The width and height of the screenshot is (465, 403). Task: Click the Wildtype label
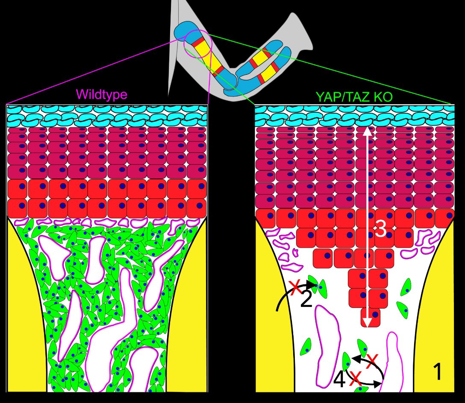pos(101,94)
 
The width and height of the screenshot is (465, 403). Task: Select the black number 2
pos(306,300)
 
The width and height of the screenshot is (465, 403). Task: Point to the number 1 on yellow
pos(438,372)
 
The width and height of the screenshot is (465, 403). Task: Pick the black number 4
pos(339,380)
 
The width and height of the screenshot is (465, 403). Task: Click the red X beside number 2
pos(294,287)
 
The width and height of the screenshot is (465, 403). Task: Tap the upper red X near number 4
pos(372,359)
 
